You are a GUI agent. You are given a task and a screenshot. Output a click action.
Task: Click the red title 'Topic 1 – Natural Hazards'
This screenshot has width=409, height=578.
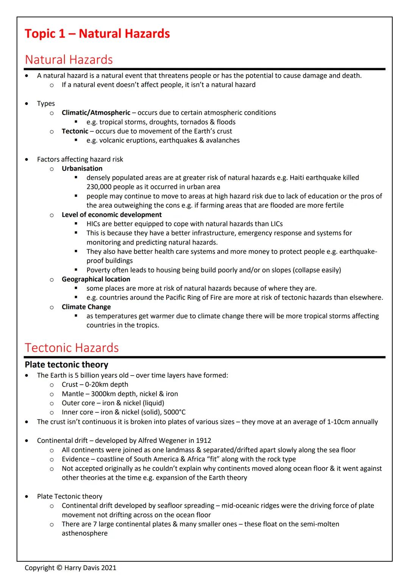pyautogui.click(x=97, y=34)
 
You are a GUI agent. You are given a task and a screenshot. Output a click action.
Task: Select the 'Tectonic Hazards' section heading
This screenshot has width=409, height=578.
pyautogui.click(x=72, y=347)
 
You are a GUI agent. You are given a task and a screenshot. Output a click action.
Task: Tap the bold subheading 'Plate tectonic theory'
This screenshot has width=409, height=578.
pyautogui.click(x=66, y=365)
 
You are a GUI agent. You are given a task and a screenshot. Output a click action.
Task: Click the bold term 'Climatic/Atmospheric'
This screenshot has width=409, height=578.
pyautogui.click(x=96, y=113)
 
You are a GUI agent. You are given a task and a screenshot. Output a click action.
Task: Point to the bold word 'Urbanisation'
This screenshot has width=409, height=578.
pyautogui.click(x=82, y=168)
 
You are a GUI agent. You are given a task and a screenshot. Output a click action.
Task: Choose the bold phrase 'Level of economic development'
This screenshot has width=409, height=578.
pyautogui.click(x=111, y=215)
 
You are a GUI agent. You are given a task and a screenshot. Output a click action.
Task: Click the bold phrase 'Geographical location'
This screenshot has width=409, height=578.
pyautogui.click(x=96, y=279)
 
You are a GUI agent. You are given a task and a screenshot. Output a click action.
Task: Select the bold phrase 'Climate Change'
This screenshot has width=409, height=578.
pyautogui.click(x=86, y=307)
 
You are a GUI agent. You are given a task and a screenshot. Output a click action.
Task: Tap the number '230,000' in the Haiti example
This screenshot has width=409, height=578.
pyautogui.click(x=99, y=187)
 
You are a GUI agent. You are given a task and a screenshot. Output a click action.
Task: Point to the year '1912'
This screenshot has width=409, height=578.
pyautogui.click(x=204, y=441)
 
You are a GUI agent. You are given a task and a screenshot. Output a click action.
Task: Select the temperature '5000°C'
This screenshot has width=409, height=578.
pyautogui.click(x=175, y=412)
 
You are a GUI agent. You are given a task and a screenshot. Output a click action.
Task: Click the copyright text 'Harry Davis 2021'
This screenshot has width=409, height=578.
pyautogui.click(x=90, y=568)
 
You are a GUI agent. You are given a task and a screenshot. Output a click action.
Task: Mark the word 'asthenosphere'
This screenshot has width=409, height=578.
pyautogui.click(x=84, y=533)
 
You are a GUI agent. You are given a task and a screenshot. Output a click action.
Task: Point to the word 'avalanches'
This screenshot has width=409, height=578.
pyautogui.click(x=223, y=140)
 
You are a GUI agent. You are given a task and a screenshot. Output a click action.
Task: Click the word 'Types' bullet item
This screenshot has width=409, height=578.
pyautogui.click(x=46, y=104)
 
